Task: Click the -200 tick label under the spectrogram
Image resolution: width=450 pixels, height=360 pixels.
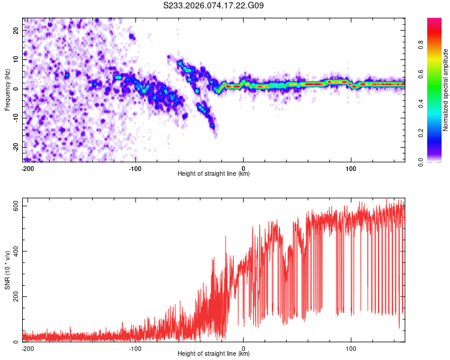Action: [26, 169]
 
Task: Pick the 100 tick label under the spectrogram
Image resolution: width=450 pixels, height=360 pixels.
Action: [351, 169]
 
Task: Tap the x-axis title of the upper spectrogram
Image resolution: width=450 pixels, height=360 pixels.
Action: [214, 174]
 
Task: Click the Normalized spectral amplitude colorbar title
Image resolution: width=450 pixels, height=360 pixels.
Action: [445, 90]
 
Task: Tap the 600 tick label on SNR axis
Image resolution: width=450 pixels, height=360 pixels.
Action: [15, 206]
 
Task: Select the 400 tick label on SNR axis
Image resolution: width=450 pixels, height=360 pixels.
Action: [15, 251]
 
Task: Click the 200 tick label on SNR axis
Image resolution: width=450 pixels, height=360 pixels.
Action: [15, 296]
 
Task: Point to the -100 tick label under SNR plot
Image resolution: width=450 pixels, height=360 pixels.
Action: [135, 348]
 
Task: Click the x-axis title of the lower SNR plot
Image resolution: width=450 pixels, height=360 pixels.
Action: [214, 354]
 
